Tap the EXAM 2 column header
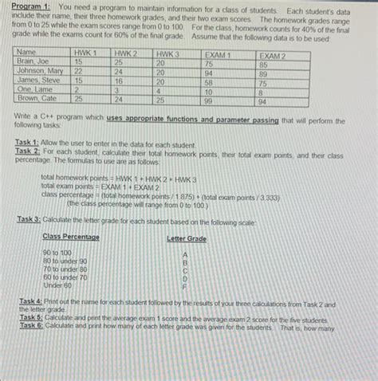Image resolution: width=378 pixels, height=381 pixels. point(273,55)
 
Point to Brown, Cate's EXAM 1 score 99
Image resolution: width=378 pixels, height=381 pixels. point(209,101)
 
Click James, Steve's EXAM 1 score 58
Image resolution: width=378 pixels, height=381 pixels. point(209,81)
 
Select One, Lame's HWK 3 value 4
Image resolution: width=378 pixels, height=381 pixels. point(159,91)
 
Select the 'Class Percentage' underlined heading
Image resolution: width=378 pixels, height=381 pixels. point(71,238)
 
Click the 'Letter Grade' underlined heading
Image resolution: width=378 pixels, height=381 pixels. point(187,238)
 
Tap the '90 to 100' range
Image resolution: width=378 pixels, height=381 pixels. point(57,253)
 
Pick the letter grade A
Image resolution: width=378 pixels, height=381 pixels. point(185,253)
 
